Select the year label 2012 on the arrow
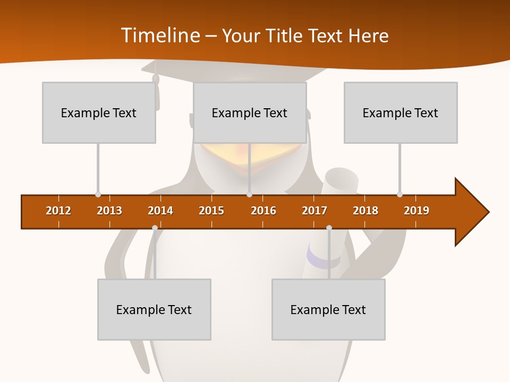(x=58, y=211)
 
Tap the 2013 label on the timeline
(x=109, y=211)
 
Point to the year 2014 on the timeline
(x=160, y=211)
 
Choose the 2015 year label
(x=211, y=211)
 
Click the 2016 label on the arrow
(x=263, y=211)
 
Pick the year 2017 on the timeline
(x=314, y=211)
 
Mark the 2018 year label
(x=365, y=211)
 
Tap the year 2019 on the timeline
(x=416, y=211)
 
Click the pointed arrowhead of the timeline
(x=473, y=212)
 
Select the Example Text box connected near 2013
(x=99, y=112)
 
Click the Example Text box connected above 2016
(x=250, y=112)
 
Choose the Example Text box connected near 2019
(x=401, y=112)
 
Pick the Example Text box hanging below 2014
(x=154, y=309)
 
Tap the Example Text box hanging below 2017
(x=328, y=309)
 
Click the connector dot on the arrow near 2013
(x=98, y=195)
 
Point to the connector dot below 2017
(x=329, y=228)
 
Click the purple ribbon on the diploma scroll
(x=317, y=260)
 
